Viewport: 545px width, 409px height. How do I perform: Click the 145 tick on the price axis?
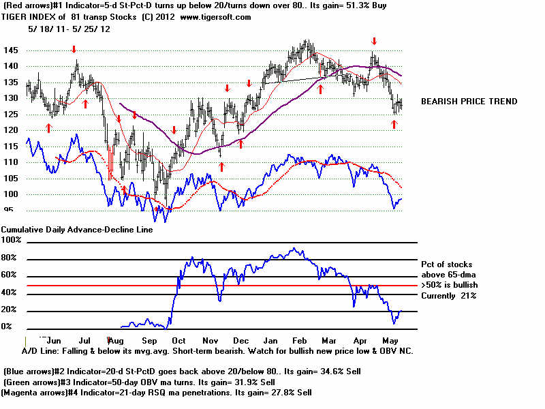[x=11, y=50]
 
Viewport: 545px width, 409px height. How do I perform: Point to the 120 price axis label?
[x=11, y=130]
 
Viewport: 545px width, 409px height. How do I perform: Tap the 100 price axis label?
[x=11, y=194]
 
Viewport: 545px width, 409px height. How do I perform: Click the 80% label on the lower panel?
[x=9, y=258]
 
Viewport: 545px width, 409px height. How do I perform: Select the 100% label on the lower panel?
[x=10, y=240]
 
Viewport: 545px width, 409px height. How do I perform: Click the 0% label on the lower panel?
[x=7, y=327]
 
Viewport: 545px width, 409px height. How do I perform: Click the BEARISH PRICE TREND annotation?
[x=469, y=102]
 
